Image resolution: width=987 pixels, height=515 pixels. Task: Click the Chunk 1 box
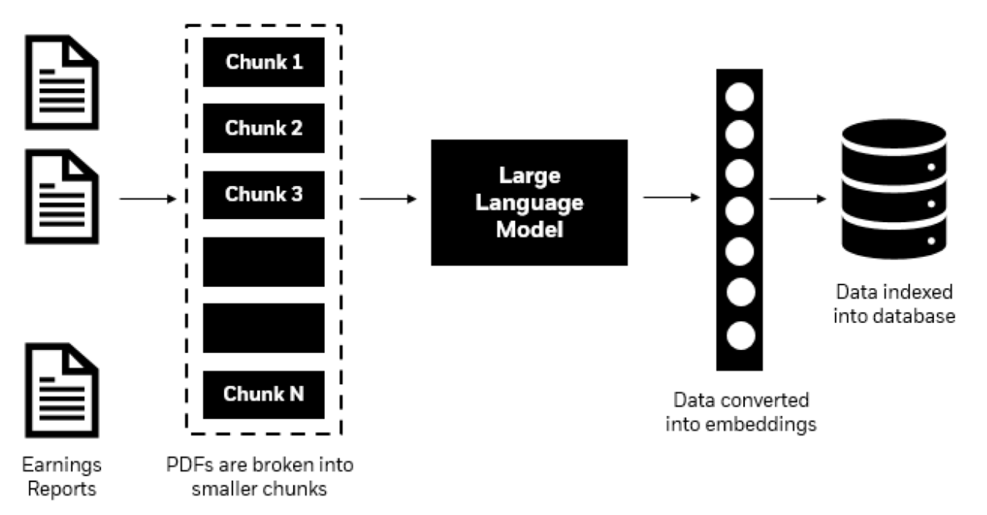[x=263, y=62]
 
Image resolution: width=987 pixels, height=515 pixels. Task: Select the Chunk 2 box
[x=263, y=128]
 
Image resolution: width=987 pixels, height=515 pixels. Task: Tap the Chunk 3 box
[x=263, y=195]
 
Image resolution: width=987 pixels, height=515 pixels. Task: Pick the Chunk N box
[x=263, y=394]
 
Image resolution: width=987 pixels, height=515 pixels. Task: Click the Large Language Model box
[x=529, y=202]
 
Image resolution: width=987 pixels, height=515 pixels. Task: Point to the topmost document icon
[x=61, y=82]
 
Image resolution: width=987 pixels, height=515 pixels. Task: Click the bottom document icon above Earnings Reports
[x=61, y=390]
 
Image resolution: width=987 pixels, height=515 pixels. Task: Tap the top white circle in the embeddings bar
[x=739, y=96]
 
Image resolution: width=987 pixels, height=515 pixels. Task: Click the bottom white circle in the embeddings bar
[x=740, y=336]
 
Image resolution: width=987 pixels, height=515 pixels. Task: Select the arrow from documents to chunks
[x=147, y=199]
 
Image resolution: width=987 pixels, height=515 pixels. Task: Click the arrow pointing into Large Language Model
[x=387, y=199]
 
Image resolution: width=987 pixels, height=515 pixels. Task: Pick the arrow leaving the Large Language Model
[x=672, y=198]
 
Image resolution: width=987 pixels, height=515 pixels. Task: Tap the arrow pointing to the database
[x=797, y=199]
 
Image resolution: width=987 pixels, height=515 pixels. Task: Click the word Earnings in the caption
[x=61, y=465]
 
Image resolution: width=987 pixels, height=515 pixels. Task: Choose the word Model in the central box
[x=529, y=230]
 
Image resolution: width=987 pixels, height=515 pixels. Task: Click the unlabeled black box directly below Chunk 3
[x=263, y=262]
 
